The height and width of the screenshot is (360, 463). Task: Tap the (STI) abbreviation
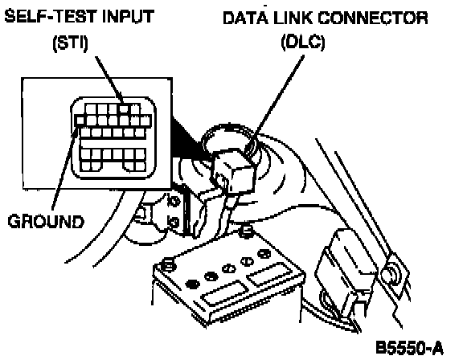tap(70, 43)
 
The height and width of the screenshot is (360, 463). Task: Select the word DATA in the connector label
tap(245, 18)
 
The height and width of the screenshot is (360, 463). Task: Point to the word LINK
tap(293, 18)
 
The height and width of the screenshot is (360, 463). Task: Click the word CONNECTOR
tap(373, 18)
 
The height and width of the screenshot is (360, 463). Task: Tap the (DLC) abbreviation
tap(303, 43)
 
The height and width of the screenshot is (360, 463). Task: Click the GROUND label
tap(46, 221)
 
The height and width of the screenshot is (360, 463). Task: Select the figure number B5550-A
tap(410, 347)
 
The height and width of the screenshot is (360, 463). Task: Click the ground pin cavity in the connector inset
tap(80, 120)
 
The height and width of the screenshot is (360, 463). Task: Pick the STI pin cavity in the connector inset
tap(124, 109)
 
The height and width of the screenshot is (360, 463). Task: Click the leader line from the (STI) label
tap(109, 80)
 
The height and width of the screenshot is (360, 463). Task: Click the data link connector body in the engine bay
tap(234, 170)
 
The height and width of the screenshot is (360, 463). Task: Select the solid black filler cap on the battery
tap(192, 284)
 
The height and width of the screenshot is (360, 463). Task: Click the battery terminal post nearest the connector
tap(247, 231)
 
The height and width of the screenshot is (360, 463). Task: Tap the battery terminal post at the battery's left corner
tap(169, 264)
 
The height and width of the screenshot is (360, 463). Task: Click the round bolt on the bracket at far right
tap(389, 273)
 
